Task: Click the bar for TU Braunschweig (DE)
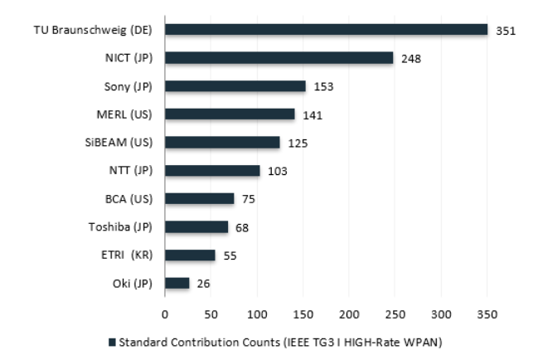326,30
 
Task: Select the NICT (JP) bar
279,58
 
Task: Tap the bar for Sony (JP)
235,86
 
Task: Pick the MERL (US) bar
230,114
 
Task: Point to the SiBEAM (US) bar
222,143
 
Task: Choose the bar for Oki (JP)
177,283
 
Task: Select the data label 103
276,171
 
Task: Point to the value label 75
248,199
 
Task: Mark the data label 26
202,284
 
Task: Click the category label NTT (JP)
133,171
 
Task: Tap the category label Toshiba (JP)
123,226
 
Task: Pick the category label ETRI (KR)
128,255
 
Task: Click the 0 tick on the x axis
165,314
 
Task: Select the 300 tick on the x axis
441,314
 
